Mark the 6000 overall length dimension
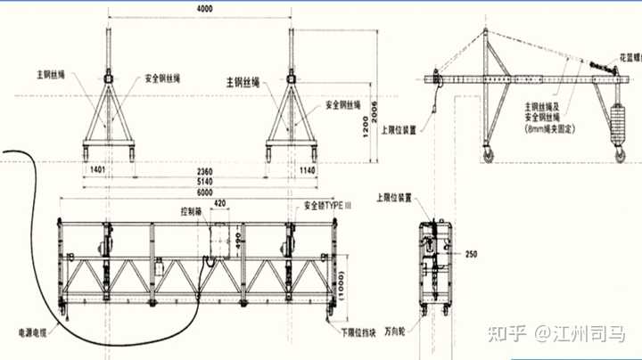pos(204,191)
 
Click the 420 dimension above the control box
pos(218,203)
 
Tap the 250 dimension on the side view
pos(471,254)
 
